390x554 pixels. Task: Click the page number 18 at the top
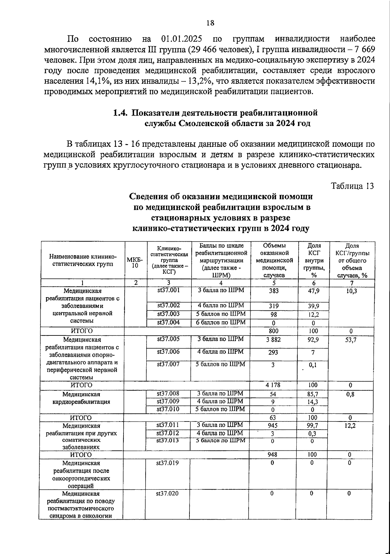[x=210, y=22]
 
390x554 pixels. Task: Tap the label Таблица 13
[x=352, y=186]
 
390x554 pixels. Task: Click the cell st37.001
[x=168, y=290]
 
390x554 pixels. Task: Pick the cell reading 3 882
[x=273, y=339]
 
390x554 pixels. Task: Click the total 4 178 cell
[x=273, y=385]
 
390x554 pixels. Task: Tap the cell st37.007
[x=168, y=364]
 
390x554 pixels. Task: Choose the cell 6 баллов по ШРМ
[x=221, y=322]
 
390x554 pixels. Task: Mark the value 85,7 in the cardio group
[x=313, y=394]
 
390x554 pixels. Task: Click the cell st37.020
[x=167, y=493]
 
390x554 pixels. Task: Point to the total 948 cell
[x=272, y=455]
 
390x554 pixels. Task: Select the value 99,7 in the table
[x=313, y=425]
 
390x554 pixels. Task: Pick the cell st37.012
[x=167, y=433]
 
